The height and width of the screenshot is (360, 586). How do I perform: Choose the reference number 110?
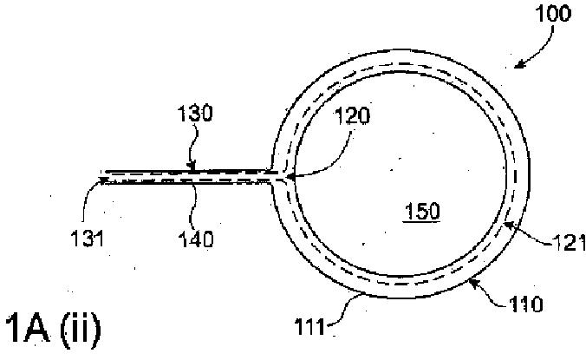551,304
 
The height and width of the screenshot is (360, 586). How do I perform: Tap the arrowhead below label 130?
192,169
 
